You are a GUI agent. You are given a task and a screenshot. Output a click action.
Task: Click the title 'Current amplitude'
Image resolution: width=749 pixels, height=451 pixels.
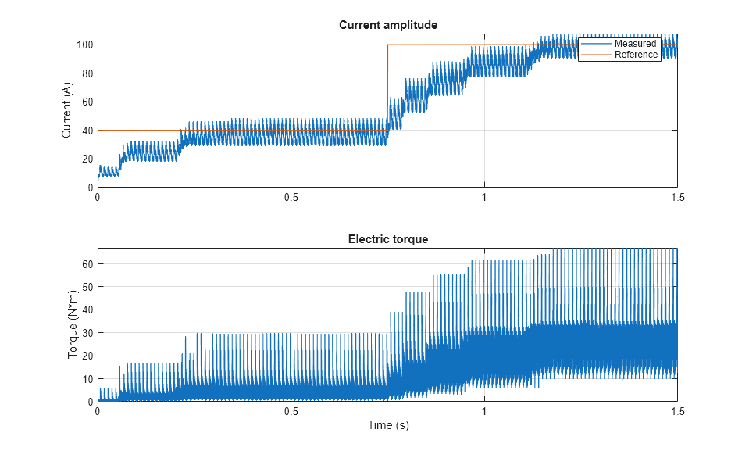[x=387, y=25]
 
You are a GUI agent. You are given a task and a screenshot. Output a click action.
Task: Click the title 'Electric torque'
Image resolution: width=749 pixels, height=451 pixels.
[x=387, y=239]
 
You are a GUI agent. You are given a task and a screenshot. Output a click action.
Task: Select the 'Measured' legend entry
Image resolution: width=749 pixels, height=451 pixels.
[x=635, y=44]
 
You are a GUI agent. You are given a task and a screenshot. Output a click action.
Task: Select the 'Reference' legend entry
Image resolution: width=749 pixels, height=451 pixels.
[x=636, y=55]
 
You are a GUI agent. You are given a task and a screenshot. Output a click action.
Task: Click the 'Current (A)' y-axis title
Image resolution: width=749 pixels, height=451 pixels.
[x=66, y=111]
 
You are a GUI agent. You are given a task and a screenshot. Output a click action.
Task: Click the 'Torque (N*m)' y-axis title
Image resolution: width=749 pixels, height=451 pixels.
[x=73, y=325]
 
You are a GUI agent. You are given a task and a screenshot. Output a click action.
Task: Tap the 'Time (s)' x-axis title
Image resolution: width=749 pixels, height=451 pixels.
[x=387, y=425]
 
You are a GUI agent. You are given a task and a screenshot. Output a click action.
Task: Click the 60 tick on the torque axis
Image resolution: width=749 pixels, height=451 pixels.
[x=87, y=264]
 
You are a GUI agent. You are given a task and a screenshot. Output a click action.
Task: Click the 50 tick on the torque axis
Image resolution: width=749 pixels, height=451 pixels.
[x=87, y=287]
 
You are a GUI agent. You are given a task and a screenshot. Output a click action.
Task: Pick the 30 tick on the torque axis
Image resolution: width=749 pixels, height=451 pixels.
[x=87, y=333]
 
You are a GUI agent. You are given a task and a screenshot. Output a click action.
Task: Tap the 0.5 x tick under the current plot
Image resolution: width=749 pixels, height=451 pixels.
[x=291, y=197]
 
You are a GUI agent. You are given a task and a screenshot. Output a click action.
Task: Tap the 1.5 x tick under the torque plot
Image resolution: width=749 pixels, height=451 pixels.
[x=676, y=411]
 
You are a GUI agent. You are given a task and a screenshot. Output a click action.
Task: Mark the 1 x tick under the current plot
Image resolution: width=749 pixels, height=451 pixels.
[x=484, y=197]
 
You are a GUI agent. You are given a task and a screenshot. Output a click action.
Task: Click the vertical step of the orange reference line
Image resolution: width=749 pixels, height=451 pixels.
[x=387, y=86]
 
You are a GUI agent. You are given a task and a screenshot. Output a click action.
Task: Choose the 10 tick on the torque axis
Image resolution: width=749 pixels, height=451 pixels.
[x=87, y=379]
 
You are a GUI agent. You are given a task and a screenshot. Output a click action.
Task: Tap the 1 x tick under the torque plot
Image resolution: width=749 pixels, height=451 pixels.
[x=484, y=411]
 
